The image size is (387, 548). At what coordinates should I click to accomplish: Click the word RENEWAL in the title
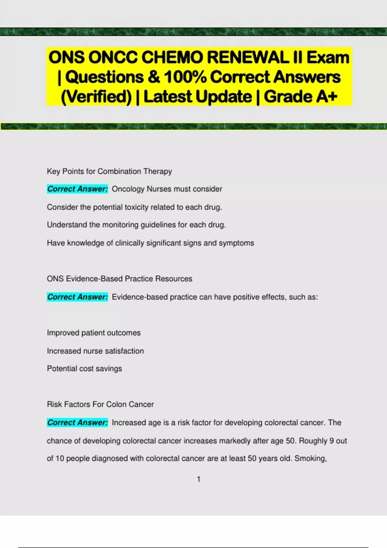[x=248, y=58]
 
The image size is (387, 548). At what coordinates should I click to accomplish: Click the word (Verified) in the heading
[x=96, y=97]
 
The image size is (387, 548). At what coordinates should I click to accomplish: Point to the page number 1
[x=199, y=479]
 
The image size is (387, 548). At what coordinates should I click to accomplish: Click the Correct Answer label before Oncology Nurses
[x=77, y=189]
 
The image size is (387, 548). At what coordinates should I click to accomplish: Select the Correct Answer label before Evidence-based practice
[x=77, y=297]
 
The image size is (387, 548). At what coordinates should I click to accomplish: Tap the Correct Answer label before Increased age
[x=77, y=423]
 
